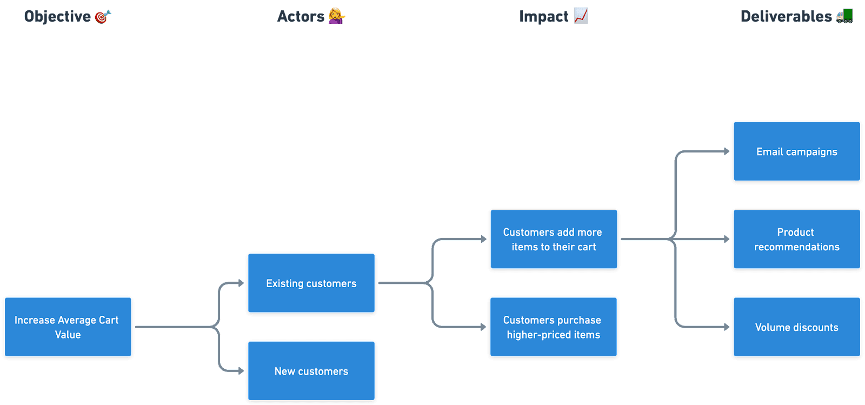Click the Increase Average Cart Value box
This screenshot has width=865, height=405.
coord(68,327)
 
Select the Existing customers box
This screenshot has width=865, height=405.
coord(311,283)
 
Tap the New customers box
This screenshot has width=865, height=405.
coord(311,371)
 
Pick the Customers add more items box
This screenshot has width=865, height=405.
coord(553,240)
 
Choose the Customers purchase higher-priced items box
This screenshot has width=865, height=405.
coord(553,327)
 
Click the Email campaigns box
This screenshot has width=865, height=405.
coord(796,152)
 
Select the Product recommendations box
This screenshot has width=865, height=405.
coord(796,240)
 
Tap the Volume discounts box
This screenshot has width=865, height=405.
coord(796,327)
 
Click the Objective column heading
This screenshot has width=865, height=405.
coord(58,16)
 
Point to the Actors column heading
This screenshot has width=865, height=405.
coord(301,16)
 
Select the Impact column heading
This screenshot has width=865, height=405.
coord(544,16)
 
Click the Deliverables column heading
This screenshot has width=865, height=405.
coord(786,16)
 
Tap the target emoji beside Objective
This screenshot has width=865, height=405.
coord(103,17)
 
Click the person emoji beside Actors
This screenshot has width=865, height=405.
coord(337,16)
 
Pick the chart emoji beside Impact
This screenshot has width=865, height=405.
coord(581,16)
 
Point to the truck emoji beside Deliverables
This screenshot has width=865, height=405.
coord(844,16)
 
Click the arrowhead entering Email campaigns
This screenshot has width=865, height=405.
coord(727,151)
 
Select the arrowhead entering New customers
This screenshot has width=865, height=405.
coord(241,371)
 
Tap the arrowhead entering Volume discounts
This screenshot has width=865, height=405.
coord(727,327)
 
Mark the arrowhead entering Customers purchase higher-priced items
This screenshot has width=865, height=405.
coord(484,327)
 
